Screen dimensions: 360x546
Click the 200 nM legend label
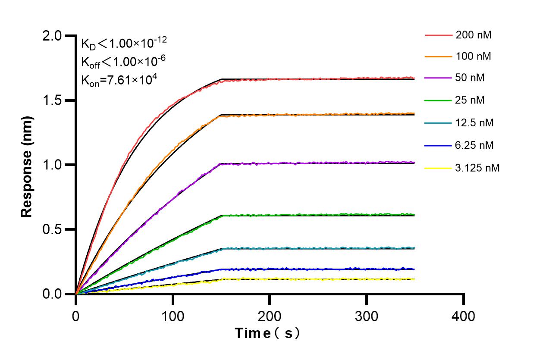(474, 35)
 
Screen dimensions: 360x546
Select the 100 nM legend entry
(474, 56)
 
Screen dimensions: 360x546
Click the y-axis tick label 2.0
(52, 36)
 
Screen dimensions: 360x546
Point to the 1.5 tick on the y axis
(52, 100)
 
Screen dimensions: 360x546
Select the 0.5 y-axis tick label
(52, 229)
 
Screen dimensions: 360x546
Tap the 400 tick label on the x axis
(464, 316)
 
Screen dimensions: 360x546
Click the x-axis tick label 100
(173, 316)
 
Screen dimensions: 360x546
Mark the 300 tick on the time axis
(367, 316)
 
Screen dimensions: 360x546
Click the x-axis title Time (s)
(267, 333)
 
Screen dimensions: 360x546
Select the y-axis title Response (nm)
(27, 165)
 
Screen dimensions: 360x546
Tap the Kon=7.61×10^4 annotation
(116, 80)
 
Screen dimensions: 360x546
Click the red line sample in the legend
(438, 35)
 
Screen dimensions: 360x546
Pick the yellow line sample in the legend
(438, 168)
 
